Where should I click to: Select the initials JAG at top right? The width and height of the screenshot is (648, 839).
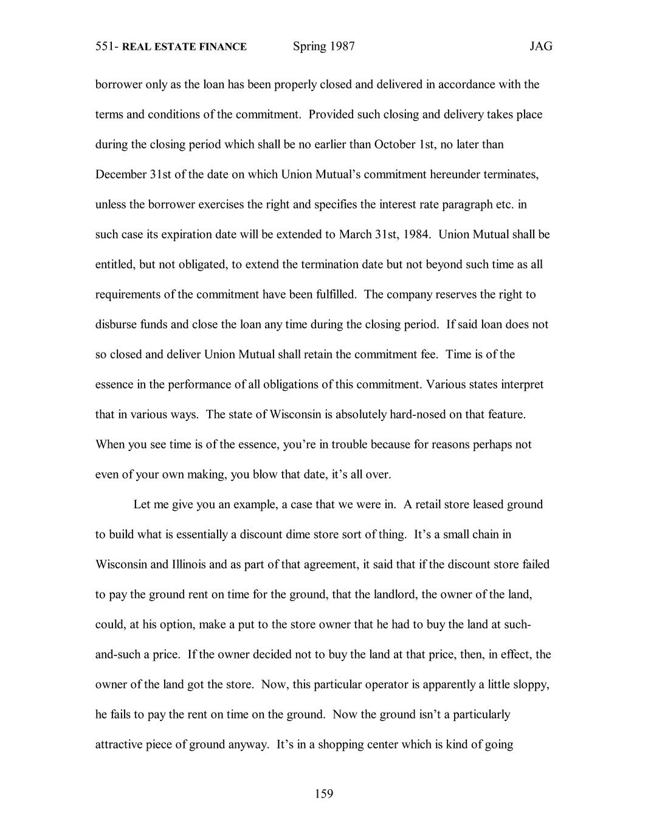pyautogui.click(x=540, y=46)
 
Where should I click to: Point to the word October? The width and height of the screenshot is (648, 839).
pyautogui.click(x=395, y=145)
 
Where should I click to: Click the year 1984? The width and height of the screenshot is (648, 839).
pyautogui.click(x=416, y=234)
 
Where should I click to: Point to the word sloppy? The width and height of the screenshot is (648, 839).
pyautogui.click(x=532, y=684)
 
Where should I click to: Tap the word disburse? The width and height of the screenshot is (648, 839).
pyautogui.click(x=116, y=324)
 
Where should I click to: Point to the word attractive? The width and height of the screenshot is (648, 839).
pyautogui.click(x=119, y=744)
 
